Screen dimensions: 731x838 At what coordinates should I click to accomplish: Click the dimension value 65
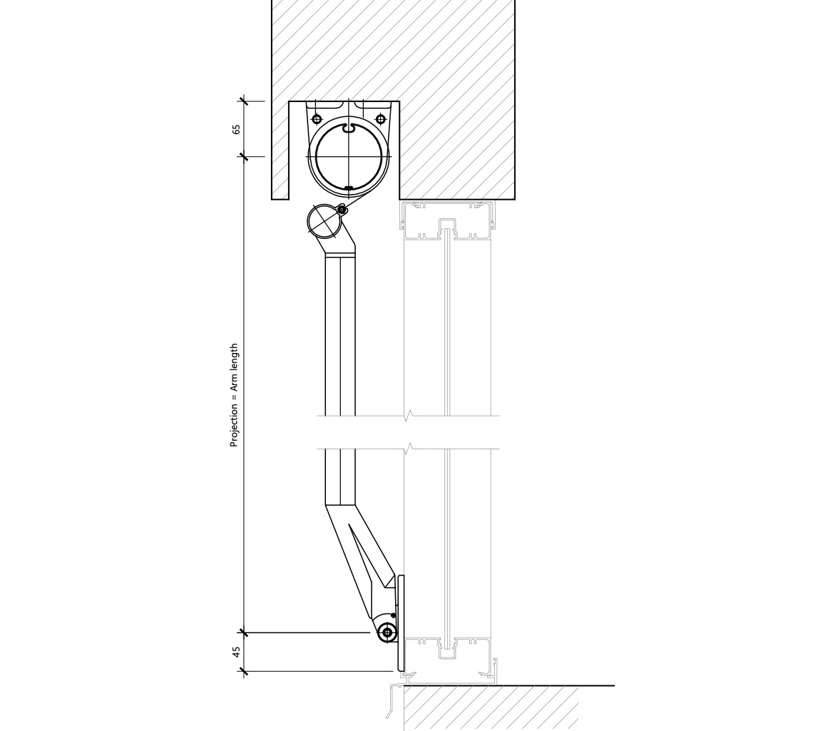[x=236, y=129]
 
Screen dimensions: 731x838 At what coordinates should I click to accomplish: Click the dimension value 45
[x=236, y=652]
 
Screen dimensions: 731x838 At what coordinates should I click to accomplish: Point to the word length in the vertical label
[x=234, y=359]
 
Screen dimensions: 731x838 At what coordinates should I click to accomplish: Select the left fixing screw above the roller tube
[x=317, y=119]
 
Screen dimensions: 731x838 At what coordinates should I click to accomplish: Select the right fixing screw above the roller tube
[x=380, y=119]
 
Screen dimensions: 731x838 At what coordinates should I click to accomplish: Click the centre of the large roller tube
[x=349, y=157]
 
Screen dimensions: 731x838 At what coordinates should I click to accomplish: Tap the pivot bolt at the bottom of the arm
[x=387, y=633]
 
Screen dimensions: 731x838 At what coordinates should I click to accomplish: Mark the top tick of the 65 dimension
[x=244, y=101]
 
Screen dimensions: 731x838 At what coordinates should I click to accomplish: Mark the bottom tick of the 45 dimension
[x=244, y=671]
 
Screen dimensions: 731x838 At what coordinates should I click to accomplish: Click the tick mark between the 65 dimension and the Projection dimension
[x=244, y=157]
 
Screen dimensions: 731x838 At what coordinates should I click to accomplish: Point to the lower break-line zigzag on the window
[x=409, y=449]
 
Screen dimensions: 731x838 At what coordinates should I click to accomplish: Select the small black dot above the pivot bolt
[x=394, y=615]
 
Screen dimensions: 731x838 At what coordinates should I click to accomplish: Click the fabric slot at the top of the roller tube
[x=349, y=128]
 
